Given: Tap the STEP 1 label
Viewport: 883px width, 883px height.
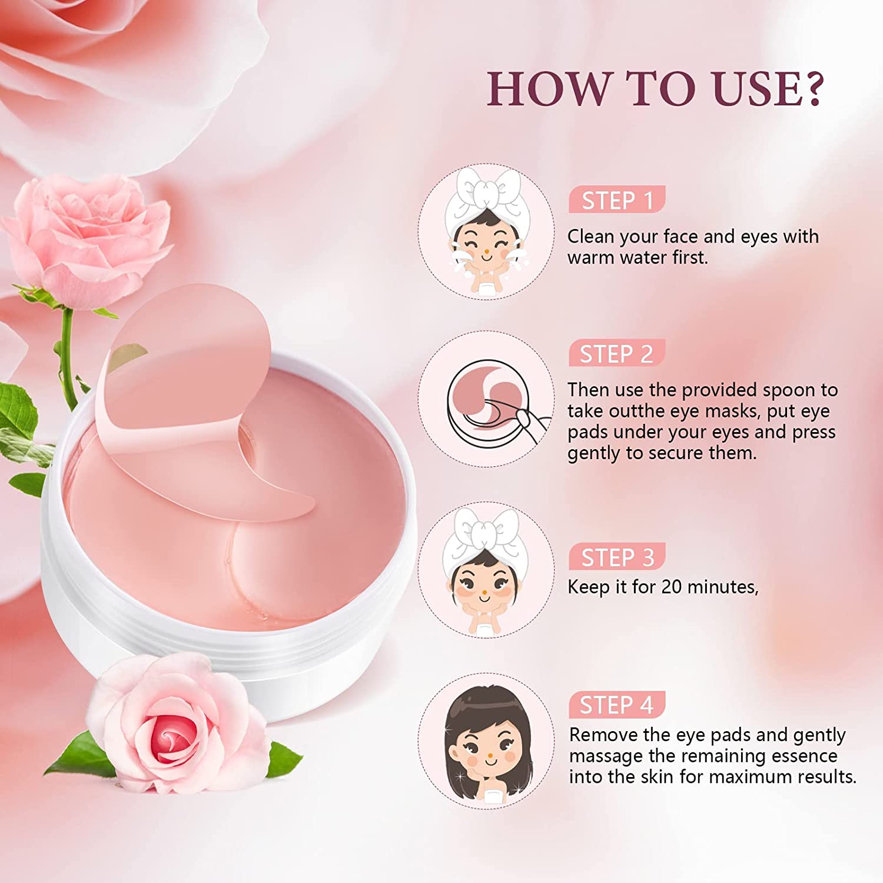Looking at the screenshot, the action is pos(617,201).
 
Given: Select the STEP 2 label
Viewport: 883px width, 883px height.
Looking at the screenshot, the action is pos(617,354).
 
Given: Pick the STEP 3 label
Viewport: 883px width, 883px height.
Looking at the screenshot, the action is pos(617,557).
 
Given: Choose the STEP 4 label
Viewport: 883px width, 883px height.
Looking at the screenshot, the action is pos(617,705).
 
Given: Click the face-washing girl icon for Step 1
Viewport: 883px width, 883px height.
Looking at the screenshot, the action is pos(486,231).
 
